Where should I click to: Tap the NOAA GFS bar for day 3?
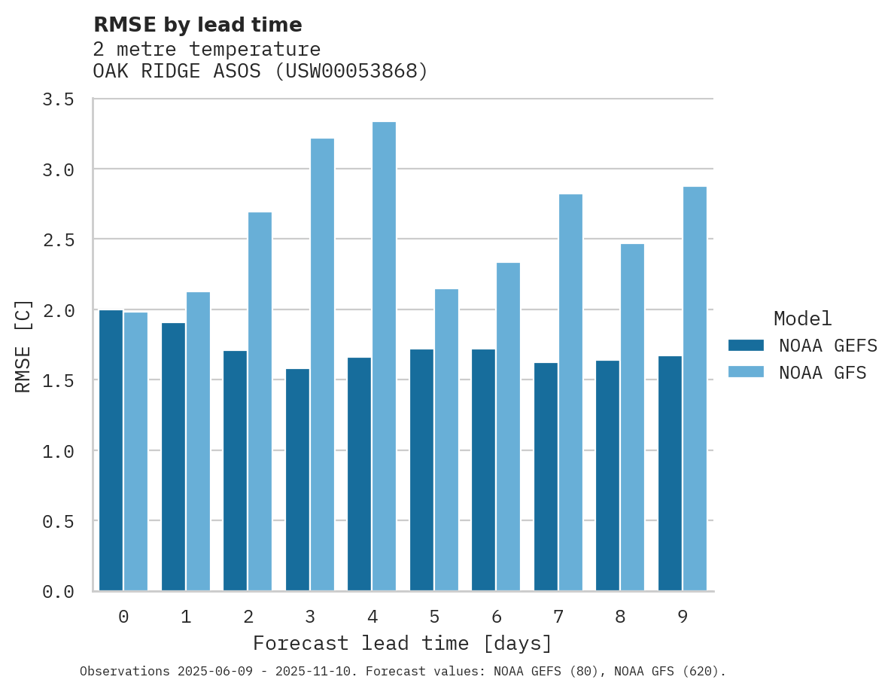(x=322, y=364)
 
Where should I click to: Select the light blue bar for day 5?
(x=446, y=440)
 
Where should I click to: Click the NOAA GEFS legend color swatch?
(x=746, y=346)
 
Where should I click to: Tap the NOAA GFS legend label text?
(x=823, y=373)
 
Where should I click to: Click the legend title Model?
(x=802, y=319)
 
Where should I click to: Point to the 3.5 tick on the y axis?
(x=58, y=99)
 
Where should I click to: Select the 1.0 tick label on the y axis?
(x=58, y=451)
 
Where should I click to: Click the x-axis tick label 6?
(x=497, y=617)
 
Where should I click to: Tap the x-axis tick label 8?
(x=620, y=617)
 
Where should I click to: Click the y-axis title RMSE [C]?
(x=23, y=346)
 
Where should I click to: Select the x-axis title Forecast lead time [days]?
(x=403, y=644)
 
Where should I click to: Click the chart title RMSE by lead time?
(x=197, y=25)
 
